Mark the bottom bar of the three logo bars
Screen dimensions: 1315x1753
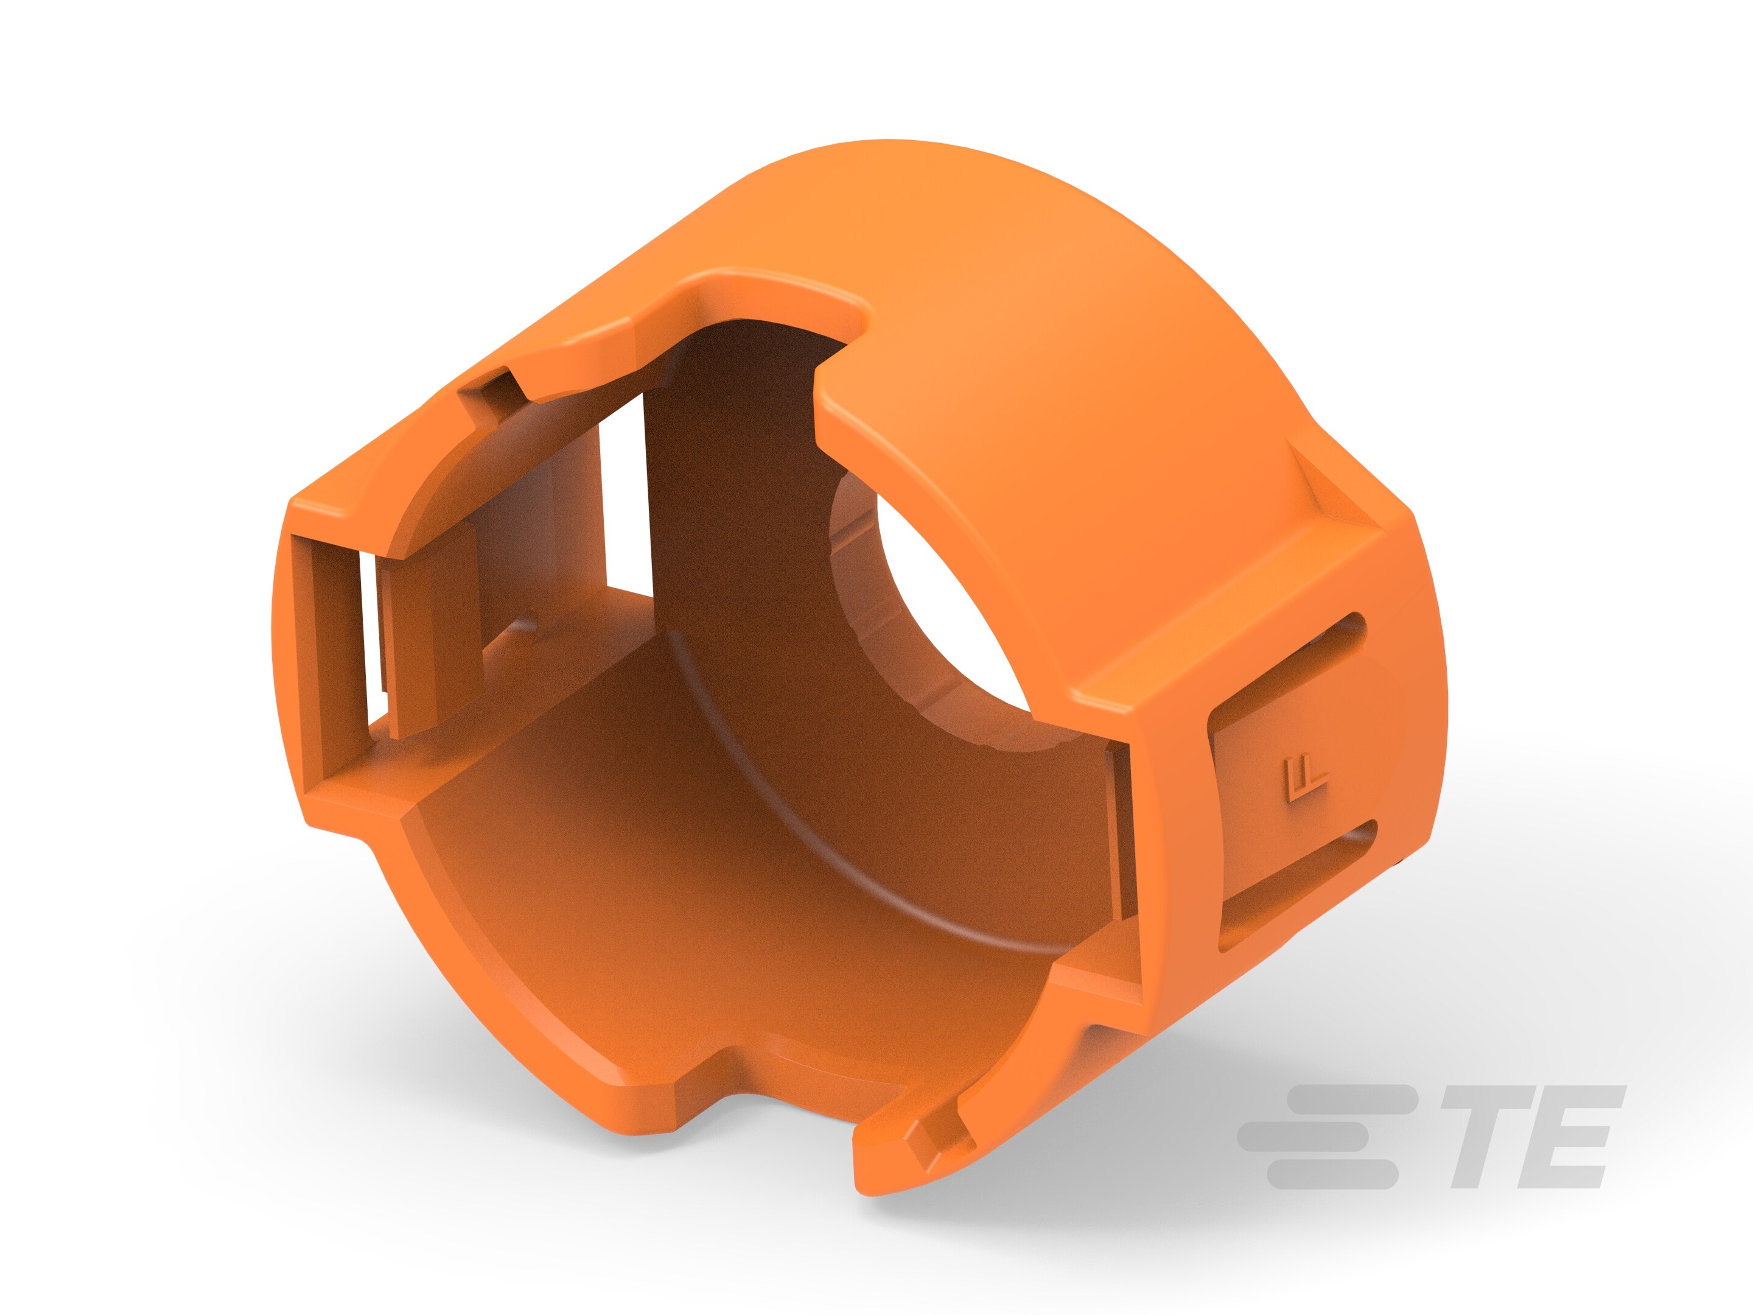pyautogui.click(x=1331, y=1174)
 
